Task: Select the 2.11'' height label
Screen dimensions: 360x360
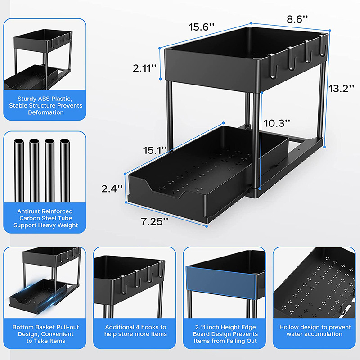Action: [x=144, y=68]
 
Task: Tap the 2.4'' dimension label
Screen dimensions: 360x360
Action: [x=112, y=189]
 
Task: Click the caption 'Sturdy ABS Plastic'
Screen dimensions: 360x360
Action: [x=44, y=105]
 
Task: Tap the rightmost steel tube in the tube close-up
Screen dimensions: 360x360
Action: [x=66, y=171]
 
